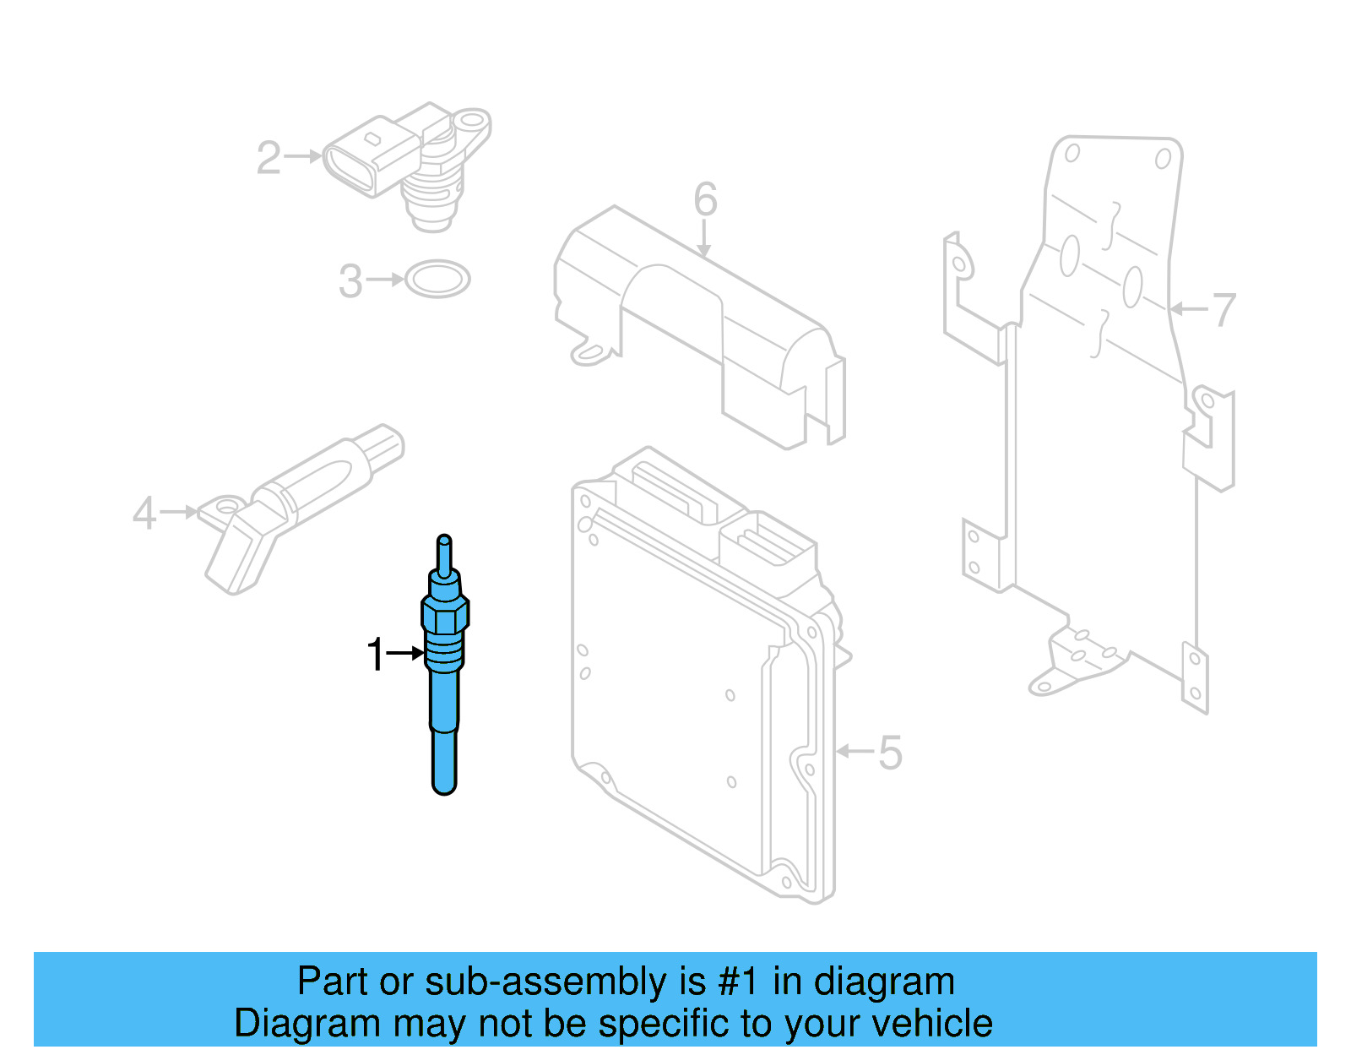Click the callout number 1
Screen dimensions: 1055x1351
tap(375, 655)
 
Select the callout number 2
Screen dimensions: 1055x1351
tap(269, 158)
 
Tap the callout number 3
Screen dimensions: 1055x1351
tap(350, 281)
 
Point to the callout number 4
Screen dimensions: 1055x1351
tap(144, 514)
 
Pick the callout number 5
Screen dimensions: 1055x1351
tap(890, 753)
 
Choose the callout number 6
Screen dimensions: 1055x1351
tap(705, 200)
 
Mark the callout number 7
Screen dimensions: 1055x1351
tap(1223, 310)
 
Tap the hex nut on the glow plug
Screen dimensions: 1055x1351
tap(445, 613)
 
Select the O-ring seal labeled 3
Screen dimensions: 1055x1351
tap(437, 279)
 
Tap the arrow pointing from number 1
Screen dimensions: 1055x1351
tap(405, 653)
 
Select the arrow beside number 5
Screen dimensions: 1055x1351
tap(855, 751)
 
